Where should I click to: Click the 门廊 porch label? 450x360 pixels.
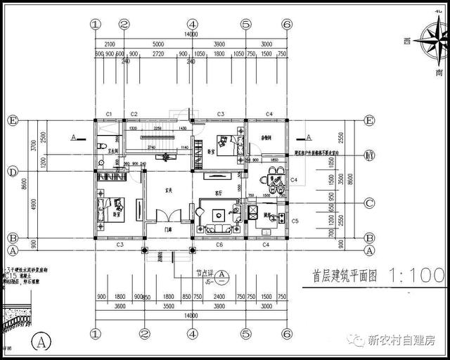click(x=169, y=229)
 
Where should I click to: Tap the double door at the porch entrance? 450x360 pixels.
click(x=167, y=216)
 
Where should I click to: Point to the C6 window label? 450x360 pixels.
click(x=219, y=244)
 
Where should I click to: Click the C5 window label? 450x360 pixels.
click(x=295, y=221)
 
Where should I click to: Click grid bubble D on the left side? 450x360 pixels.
click(x=12, y=171)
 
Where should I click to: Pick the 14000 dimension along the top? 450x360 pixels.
click(x=191, y=34)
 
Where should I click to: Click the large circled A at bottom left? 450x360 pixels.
click(x=41, y=342)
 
